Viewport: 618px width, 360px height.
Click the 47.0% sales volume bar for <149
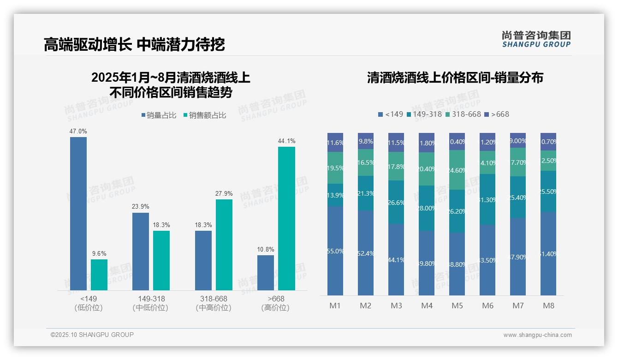pyautogui.click(x=78, y=213)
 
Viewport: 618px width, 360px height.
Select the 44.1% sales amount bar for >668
pyautogui.click(x=286, y=218)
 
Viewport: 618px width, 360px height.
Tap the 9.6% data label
pyautogui.click(x=99, y=253)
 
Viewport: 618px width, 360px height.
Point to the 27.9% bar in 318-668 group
pyautogui.click(x=224, y=245)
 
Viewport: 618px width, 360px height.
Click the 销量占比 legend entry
pyautogui.click(x=158, y=115)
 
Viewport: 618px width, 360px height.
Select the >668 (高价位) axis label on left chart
pyautogui.click(x=276, y=303)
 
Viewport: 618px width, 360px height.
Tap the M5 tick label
pyautogui.click(x=457, y=306)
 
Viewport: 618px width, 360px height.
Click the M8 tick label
pyautogui.click(x=548, y=306)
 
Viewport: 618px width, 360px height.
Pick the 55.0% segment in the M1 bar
pyautogui.click(x=335, y=251)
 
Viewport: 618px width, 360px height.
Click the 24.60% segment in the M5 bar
pyautogui.click(x=457, y=170)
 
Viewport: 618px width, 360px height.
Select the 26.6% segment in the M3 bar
pyautogui.click(x=396, y=202)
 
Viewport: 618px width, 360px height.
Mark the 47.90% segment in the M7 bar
pyautogui.click(x=518, y=257)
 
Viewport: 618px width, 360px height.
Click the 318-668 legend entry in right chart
pyautogui.click(x=463, y=114)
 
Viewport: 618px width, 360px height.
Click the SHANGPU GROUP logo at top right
pyautogui.click(x=536, y=39)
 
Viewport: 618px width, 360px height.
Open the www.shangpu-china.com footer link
pyautogui.click(x=537, y=335)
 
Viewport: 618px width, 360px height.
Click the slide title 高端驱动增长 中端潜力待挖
pyautogui.click(x=134, y=44)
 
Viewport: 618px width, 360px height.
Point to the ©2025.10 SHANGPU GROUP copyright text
pyautogui.click(x=92, y=335)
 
